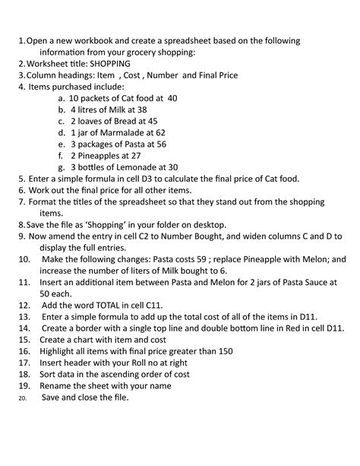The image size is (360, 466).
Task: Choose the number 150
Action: coord(223,351)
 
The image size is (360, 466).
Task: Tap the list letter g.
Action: coord(60,167)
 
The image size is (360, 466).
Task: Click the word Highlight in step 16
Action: coord(65,351)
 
